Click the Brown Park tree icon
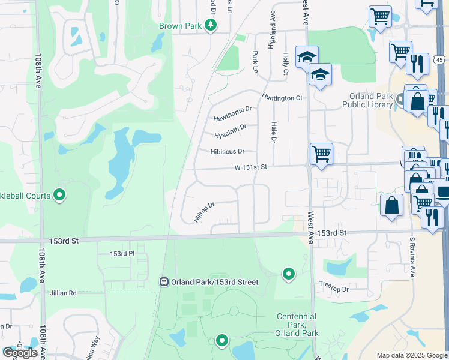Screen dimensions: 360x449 [x=211, y=25]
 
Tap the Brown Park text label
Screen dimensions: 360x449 [x=181, y=26]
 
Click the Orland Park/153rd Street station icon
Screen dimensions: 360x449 [x=164, y=282]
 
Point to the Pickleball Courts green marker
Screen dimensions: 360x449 [x=59, y=194]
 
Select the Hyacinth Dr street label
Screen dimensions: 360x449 [x=231, y=131]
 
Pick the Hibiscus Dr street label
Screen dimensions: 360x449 [x=228, y=152]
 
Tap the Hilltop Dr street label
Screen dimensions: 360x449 [x=204, y=212]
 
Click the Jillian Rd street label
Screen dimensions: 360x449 [x=64, y=293]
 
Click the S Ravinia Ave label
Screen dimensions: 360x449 [x=412, y=257]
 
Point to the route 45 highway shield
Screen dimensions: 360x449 [x=440, y=60]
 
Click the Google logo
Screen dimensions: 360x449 [x=20, y=353]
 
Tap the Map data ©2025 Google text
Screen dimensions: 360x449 [x=411, y=355]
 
